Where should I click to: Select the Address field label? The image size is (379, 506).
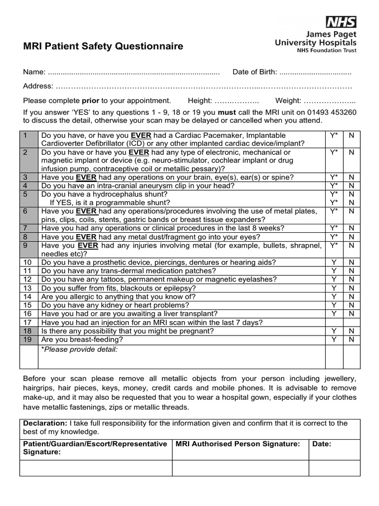[x=38, y=86]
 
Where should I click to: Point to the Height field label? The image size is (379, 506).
[x=199, y=100]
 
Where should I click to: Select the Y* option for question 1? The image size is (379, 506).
[x=334, y=135]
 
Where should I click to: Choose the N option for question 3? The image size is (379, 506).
[x=352, y=177]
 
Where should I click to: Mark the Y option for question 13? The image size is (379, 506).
[x=334, y=288]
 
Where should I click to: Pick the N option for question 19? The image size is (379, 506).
[x=352, y=339]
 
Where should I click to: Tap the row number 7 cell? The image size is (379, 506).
[x=27, y=228]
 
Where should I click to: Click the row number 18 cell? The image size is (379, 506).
[x=27, y=331]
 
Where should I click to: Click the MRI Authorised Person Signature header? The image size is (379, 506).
[x=238, y=444]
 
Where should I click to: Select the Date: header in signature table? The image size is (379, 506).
[x=322, y=444]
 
